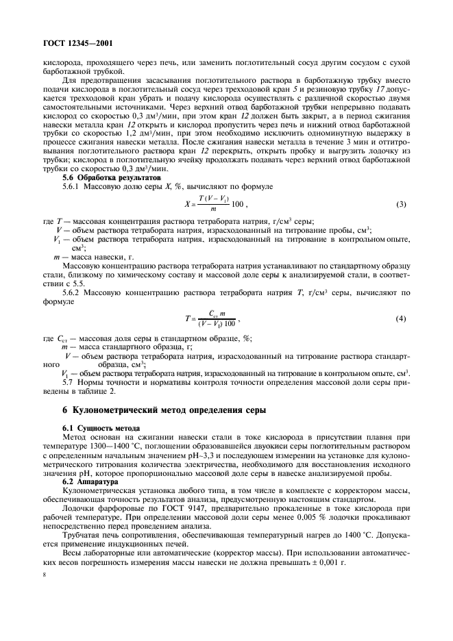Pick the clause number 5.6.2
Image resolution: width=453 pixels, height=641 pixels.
(x=73, y=292)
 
